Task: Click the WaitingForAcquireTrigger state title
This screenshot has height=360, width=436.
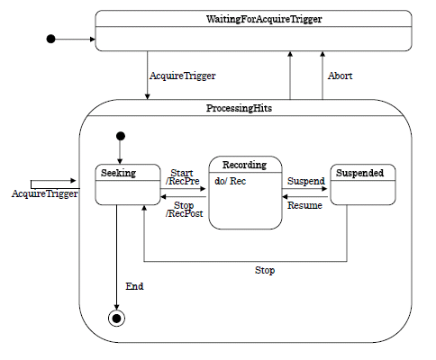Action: click(x=264, y=19)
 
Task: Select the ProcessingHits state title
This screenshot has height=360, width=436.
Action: click(x=239, y=108)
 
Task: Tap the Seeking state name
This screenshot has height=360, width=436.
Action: click(x=118, y=173)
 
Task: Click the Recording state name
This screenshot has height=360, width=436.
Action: click(x=244, y=165)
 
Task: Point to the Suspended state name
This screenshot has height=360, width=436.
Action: click(x=359, y=173)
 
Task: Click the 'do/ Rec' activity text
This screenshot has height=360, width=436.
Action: click(x=231, y=181)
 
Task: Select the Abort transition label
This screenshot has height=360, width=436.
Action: click(x=340, y=76)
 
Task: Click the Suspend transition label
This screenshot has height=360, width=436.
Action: click(x=306, y=181)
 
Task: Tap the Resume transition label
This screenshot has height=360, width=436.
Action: click(x=304, y=205)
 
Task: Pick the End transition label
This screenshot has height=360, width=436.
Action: click(x=134, y=286)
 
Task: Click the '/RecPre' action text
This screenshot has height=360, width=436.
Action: click(x=182, y=181)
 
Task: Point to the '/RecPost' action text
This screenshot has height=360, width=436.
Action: click(x=184, y=213)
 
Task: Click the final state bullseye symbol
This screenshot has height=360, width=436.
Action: click(x=116, y=319)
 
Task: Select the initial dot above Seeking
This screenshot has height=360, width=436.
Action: click(x=121, y=136)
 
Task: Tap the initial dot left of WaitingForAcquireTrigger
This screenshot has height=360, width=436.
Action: click(x=51, y=39)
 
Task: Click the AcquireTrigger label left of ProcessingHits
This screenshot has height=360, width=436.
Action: click(x=45, y=193)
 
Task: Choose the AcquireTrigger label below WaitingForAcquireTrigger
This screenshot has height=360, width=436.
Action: click(x=183, y=76)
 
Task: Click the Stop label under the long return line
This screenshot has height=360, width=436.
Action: click(x=265, y=270)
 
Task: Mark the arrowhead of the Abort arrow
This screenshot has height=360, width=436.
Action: click(x=322, y=54)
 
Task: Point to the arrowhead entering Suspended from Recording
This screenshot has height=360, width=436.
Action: click(x=324, y=189)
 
